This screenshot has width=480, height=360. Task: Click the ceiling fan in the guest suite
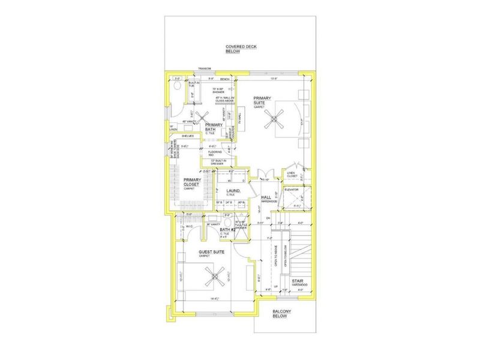(214, 276)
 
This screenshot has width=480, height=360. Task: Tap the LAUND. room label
(233, 191)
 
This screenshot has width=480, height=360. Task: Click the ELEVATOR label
(300, 189)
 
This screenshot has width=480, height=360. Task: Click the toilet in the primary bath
(176, 88)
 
